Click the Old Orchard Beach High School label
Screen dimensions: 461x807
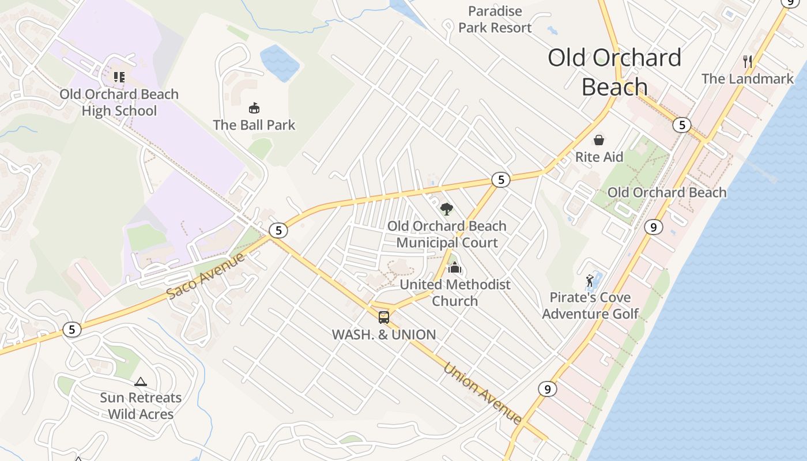pos(119,102)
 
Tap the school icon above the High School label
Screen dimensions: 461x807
pos(119,77)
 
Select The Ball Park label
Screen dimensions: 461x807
pos(254,124)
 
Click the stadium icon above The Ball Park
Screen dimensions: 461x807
pos(254,108)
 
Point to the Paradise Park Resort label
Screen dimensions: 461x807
pos(495,19)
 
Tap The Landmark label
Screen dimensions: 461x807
pos(747,78)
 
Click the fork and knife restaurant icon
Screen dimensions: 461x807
pos(748,62)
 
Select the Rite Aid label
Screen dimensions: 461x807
pos(599,157)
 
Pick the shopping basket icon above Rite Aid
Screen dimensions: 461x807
pos(599,140)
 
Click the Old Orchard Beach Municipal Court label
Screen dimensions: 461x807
pos(447,234)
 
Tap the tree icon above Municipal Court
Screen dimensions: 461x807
pos(446,209)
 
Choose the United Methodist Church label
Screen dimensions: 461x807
pos(455,292)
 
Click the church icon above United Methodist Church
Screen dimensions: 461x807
pos(455,268)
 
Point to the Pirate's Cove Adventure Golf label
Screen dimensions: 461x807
pos(590,305)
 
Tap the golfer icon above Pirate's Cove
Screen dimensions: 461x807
pos(590,281)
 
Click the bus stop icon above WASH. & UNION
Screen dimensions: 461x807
pos(384,317)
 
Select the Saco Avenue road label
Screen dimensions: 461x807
pos(205,275)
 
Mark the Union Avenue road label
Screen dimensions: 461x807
pos(482,393)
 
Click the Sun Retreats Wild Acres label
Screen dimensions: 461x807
pos(141,406)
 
